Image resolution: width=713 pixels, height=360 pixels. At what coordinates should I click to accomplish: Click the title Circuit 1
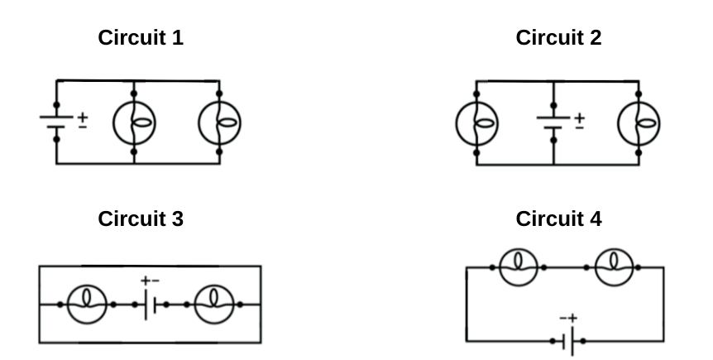coord(141,37)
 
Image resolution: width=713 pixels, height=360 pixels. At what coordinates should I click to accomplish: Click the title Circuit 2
coord(558,37)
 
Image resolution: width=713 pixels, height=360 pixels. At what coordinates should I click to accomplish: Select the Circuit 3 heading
coord(141,218)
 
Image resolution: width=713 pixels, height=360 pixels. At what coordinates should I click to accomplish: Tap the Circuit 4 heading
coord(558,218)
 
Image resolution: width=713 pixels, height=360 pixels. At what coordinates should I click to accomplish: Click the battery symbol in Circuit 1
coord(56,122)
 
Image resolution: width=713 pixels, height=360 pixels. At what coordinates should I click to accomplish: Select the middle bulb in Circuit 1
coord(134,122)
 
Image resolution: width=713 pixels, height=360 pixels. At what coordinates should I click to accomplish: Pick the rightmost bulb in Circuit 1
coord(219,122)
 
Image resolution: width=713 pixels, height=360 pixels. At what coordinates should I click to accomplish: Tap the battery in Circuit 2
coord(553,122)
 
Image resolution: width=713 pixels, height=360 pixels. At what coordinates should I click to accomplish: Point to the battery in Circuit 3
coord(150,305)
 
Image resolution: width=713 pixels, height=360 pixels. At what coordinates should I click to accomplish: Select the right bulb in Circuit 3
coord(213,305)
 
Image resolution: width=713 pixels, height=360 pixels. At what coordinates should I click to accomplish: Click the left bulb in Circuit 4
coord(519,267)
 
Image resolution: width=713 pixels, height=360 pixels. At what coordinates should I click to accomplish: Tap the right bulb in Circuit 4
coord(613,267)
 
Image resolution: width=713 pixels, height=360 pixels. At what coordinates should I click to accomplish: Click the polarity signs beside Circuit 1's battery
coord(83,122)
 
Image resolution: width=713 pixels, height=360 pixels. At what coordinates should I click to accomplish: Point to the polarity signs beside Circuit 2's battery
coord(580,122)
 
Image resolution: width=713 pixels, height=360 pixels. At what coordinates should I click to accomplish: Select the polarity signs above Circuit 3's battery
coord(150,282)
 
